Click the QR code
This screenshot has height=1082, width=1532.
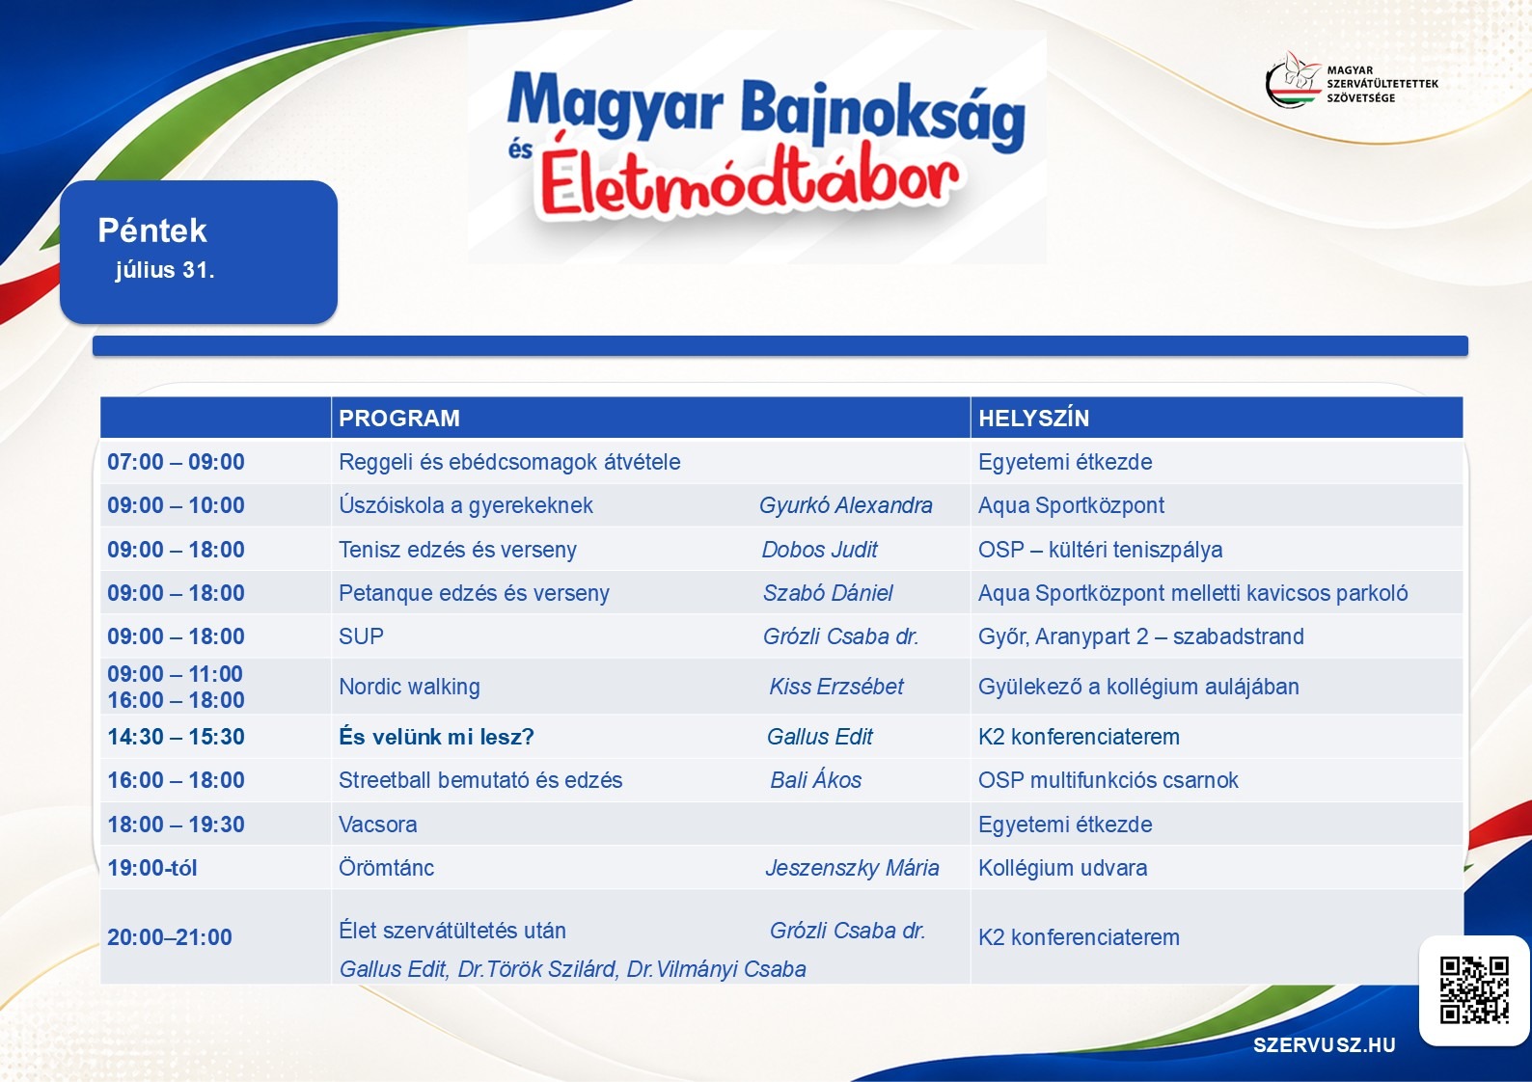pyautogui.click(x=1474, y=989)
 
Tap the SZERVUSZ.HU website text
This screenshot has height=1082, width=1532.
pyautogui.click(x=1324, y=1044)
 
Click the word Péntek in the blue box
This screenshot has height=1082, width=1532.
pyautogui.click(x=151, y=230)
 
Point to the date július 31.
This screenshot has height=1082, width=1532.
pyautogui.click(x=165, y=270)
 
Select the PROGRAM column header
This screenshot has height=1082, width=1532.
pyautogui.click(x=399, y=418)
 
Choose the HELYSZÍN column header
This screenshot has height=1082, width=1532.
pyautogui.click(x=1033, y=418)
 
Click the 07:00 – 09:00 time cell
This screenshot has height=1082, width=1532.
pyautogui.click(x=176, y=461)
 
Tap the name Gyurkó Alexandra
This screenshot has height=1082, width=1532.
pyautogui.click(x=846, y=505)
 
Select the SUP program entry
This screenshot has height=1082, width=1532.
pyautogui.click(x=361, y=636)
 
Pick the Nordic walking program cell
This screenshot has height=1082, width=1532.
pyautogui.click(x=410, y=687)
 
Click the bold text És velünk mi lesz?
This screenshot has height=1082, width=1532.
pyautogui.click(x=436, y=736)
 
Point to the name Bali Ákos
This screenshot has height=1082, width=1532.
pyautogui.click(x=816, y=780)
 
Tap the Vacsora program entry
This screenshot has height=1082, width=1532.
pyautogui.click(x=378, y=825)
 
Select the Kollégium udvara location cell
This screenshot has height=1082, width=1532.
pyautogui.click(x=1063, y=867)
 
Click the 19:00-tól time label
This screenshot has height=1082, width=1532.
pyautogui.click(x=151, y=868)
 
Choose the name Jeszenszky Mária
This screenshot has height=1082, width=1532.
pyautogui.click(x=852, y=867)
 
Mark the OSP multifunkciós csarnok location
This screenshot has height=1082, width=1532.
pyautogui.click(x=1108, y=780)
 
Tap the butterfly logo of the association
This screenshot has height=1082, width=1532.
pyautogui.click(x=1294, y=80)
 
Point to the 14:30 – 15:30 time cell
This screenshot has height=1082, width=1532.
pyautogui.click(x=176, y=736)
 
